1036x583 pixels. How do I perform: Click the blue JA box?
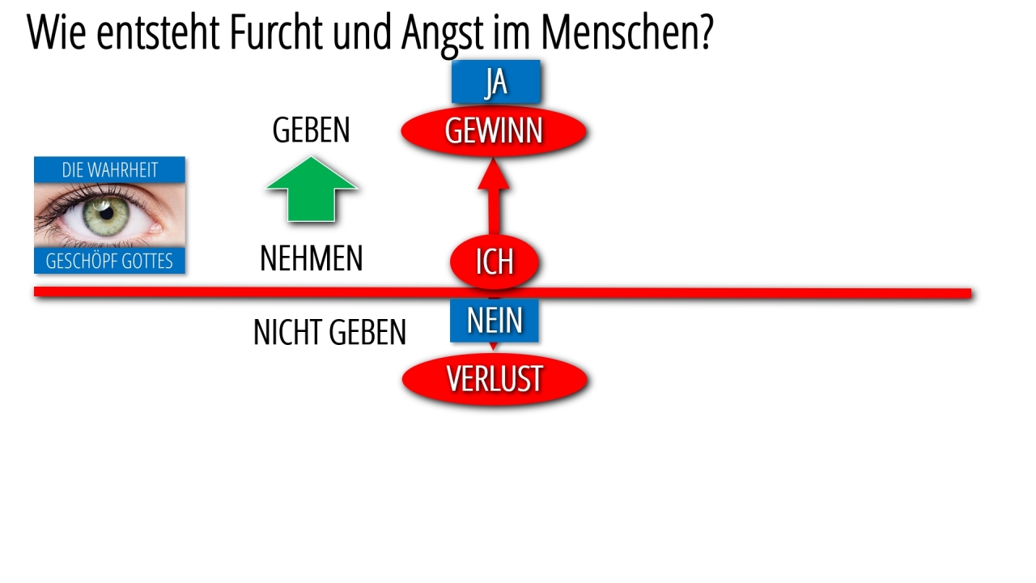click(496, 82)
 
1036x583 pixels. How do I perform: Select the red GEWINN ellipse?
click(494, 131)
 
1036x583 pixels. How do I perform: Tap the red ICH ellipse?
click(495, 262)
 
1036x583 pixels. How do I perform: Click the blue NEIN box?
click(495, 320)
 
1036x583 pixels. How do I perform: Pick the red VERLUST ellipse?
click(495, 380)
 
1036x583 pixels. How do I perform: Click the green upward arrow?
click(312, 189)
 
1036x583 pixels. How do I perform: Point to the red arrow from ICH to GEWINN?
click(494, 196)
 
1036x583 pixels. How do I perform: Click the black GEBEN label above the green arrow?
click(312, 130)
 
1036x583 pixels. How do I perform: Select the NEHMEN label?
click(312, 258)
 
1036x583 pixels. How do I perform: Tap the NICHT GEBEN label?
click(329, 332)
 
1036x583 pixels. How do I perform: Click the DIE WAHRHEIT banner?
click(109, 170)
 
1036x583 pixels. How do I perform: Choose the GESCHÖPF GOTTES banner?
click(109, 261)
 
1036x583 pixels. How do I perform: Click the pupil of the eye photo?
click(107, 213)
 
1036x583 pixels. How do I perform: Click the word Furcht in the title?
click(276, 32)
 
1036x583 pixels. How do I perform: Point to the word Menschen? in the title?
click(627, 32)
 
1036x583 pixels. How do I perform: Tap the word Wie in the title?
click(57, 32)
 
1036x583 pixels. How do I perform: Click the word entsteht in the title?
click(157, 32)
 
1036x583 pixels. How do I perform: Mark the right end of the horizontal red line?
click(970, 294)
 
